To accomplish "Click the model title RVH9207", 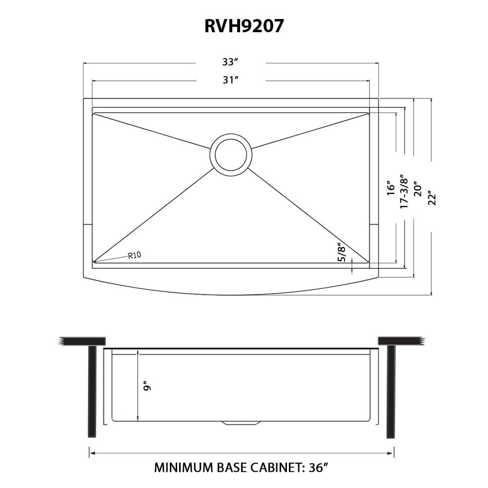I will point(244,26).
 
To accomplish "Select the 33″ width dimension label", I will point(230,62).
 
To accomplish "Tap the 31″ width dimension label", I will point(230,80).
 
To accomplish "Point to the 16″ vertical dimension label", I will point(391,187).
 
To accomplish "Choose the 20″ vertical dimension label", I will point(418,187).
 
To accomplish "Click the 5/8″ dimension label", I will point(342,253).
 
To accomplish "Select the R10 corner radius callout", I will point(135,255).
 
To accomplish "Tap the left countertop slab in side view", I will point(83,341).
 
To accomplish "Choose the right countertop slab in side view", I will point(400,341).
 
